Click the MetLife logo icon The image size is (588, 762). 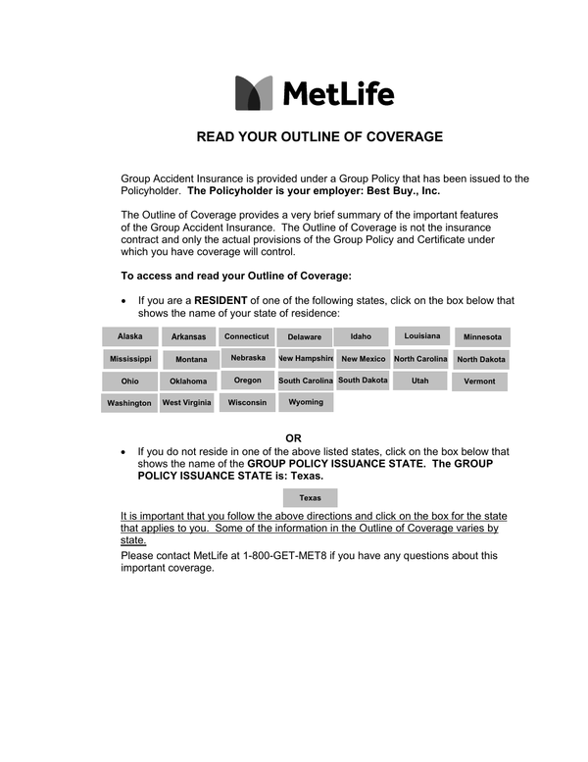[254, 93]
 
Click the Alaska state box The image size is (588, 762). [130, 336]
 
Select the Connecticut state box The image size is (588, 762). [247, 336]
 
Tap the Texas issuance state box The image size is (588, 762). [310, 498]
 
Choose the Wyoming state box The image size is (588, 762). [306, 402]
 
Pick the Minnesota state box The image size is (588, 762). [482, 337]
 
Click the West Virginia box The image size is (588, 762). [186, 402]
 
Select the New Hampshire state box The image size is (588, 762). [306, 359]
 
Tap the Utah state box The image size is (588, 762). [420, 381]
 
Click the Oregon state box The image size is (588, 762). [248, 381]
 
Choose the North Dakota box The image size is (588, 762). [481, 359]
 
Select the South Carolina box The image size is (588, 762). [306, 381]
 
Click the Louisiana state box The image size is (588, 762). [422, 336]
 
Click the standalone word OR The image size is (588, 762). [293, 437]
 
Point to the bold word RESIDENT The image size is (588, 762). [221, 300]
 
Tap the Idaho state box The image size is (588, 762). [362, 336]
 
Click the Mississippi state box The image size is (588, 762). [130, 359]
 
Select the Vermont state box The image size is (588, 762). [480, 381]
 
